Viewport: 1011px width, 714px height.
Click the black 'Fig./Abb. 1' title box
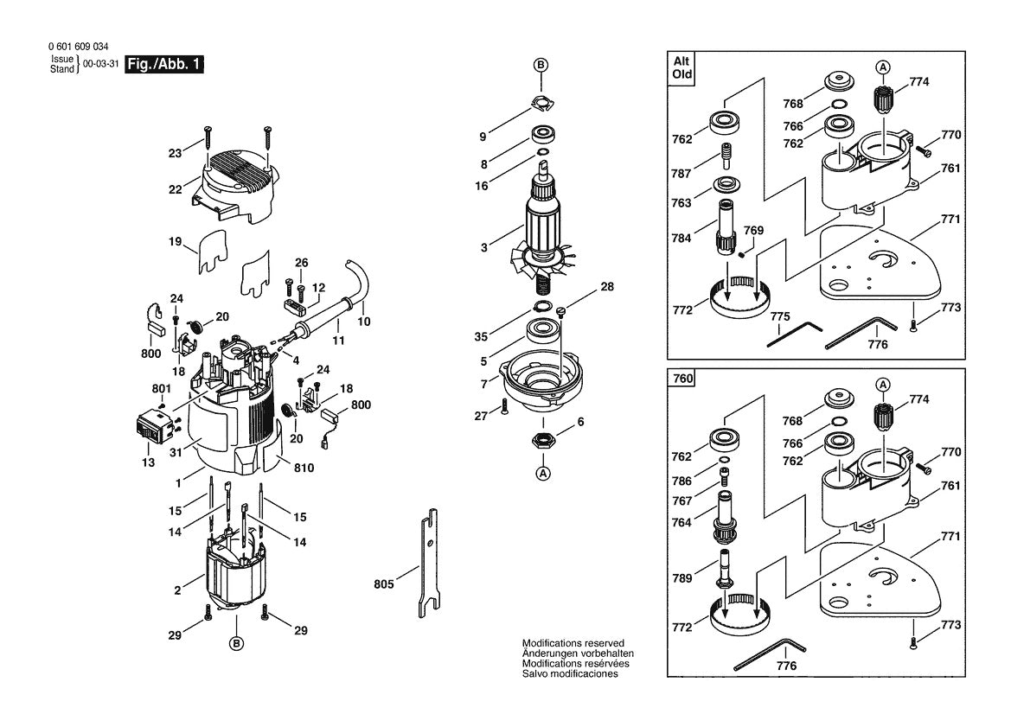[164, 65]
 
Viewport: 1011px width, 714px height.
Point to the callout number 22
[176, 189]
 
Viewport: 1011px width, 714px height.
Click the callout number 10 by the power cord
[363, 321]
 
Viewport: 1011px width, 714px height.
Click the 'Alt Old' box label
[683, 68]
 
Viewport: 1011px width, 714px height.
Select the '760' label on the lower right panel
[683, 379]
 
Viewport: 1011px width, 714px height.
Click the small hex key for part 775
[795, 335]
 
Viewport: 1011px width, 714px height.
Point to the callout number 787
[681, 174]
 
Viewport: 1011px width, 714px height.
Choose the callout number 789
[681, 577]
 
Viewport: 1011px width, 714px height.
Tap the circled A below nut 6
[543, 473]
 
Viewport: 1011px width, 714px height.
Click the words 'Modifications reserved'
[573, 644]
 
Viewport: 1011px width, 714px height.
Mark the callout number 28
[607, 286]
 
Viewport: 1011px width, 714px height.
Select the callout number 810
[304, 468]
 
